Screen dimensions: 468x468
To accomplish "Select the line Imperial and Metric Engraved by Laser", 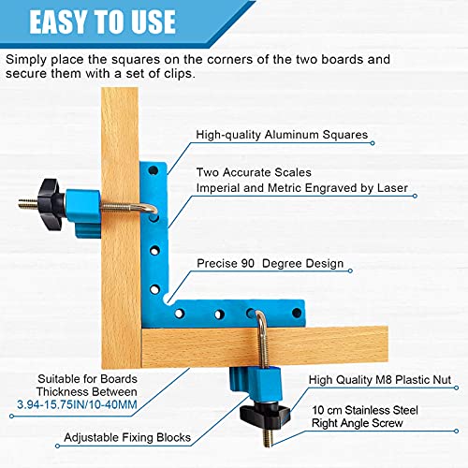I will pyautogui.click(x=300, y=188).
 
